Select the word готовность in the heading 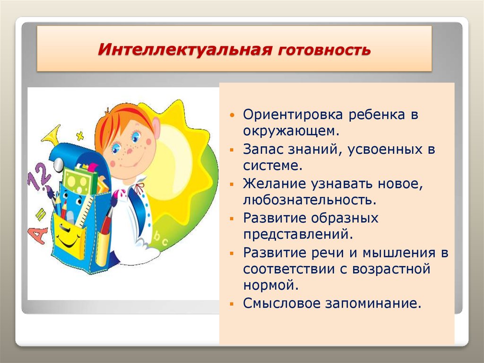click(324, 50)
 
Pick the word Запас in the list click(263, 150)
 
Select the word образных click(344, 218)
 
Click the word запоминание click(373, 303)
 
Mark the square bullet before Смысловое click(232, 304)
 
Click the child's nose click(130, 151)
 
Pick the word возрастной click(391, 269)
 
